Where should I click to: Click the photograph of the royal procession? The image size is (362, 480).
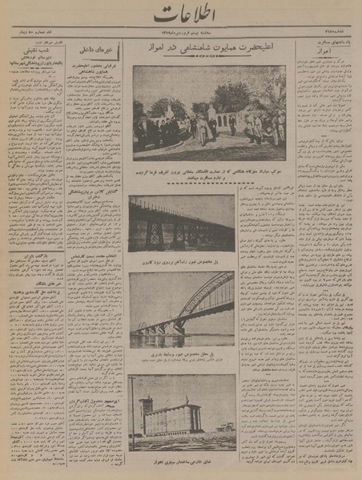pyautogui.click(x=209, y=112)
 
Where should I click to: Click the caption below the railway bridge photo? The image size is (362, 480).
pyautogui.click(x=183, y=260)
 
